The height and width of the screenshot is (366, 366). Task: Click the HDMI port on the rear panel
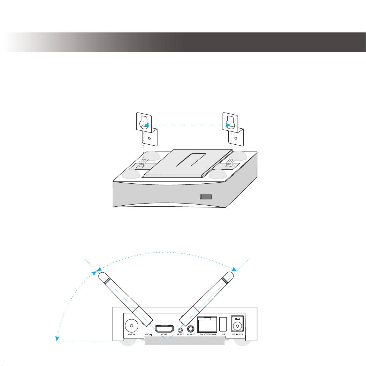[164, 329]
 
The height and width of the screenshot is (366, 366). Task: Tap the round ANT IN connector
[131, 326]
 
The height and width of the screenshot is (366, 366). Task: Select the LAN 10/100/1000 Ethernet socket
[207, 325]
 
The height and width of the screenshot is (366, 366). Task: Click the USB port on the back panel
[223, 324]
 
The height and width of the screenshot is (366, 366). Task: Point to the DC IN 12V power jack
[237, 324]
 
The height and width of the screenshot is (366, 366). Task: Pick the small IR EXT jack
[180, 330]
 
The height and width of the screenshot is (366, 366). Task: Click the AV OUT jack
[191, 329]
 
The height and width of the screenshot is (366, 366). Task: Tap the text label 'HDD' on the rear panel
[147, 335]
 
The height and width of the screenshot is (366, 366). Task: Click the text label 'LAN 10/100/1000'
[207, 335]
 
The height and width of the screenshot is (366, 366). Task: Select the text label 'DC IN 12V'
[238, 335]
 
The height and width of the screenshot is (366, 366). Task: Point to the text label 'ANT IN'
[131, 335]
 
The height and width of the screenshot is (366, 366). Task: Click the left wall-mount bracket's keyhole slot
[144, 123]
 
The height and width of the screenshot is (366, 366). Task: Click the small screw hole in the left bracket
[150, 138]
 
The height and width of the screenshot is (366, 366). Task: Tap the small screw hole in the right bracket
[236, 138]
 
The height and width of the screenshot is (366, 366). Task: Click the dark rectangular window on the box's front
[206, 197]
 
